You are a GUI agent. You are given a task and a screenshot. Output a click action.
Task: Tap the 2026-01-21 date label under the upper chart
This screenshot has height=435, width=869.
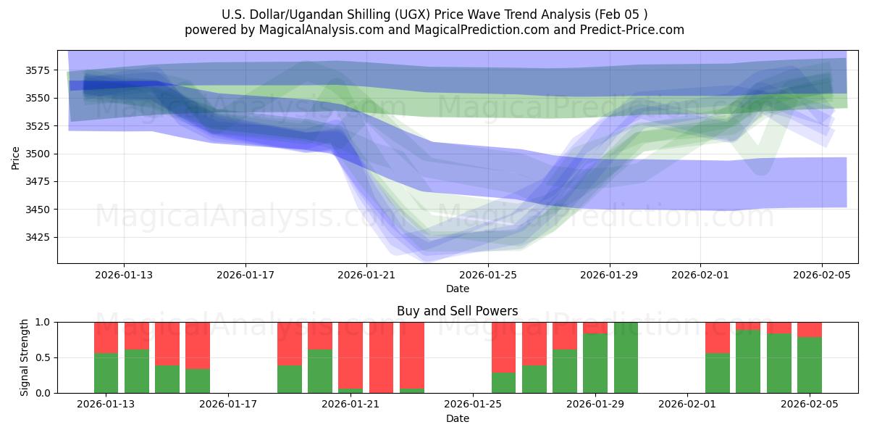(366, 275)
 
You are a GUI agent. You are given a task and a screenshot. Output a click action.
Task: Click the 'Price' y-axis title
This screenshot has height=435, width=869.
(16, 157)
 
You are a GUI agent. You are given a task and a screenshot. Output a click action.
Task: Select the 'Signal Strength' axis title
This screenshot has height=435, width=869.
(25, 357)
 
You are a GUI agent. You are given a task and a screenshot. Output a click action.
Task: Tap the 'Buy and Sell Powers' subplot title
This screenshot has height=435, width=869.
(457, 311)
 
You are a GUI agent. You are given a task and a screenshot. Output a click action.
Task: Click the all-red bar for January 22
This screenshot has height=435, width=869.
(381, 357)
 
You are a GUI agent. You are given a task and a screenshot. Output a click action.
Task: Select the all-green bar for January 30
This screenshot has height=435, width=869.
(626, 357)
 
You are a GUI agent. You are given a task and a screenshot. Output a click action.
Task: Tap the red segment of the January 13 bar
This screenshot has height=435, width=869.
(106, 337)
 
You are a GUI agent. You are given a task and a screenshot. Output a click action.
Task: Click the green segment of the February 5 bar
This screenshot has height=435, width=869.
(810, 365)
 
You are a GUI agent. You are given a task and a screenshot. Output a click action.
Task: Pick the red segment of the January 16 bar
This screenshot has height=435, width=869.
(198, 345)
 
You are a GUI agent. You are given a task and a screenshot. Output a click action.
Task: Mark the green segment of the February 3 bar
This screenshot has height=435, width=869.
(748, 362)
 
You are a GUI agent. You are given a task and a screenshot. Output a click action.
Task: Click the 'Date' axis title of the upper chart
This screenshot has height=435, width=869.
(457, 289)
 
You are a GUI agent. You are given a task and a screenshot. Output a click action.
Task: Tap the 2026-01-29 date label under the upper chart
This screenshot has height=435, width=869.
(609, 275)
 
